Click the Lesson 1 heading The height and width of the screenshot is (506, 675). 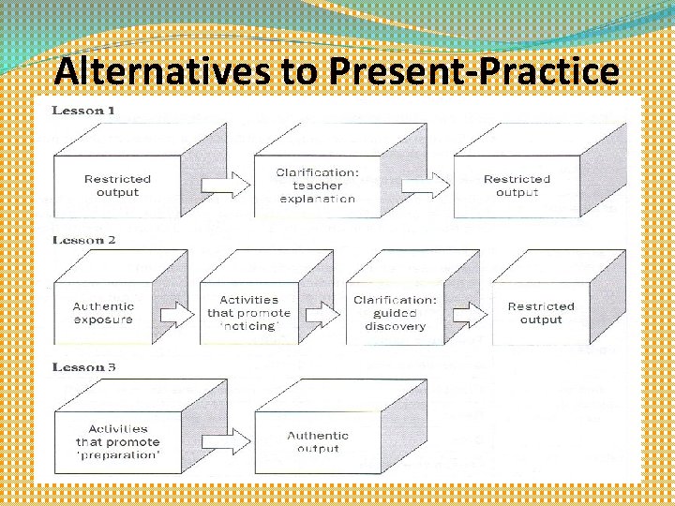pos(84,111)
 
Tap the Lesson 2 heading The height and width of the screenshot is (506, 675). pos(84,240)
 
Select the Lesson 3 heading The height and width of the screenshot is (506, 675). pos(84,366)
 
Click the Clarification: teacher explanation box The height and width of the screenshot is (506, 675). pos(316,186)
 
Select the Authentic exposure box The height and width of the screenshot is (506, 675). pos(104,312)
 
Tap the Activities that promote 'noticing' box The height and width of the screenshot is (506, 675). pos(247,312)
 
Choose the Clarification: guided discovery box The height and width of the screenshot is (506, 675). pos(395,312)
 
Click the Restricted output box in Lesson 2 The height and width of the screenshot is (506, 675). pos(541,312)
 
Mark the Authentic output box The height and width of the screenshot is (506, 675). pos(317,441)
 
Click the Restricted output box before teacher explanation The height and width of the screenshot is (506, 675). pos(117,186)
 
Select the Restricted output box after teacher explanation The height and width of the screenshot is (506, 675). pos(517,186)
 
